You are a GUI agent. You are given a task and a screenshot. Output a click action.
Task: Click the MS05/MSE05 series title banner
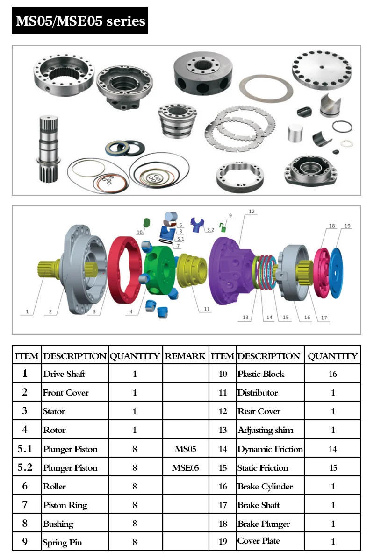[x=80, y=21]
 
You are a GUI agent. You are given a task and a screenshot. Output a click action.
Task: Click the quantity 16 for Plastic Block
[x=333, y=374]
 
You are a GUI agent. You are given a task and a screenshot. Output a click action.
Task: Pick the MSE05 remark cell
[x=185, y=467]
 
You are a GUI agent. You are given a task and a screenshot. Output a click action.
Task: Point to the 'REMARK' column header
[x=185, y=356]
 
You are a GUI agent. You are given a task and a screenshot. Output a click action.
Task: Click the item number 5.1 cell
[x=25, y=449]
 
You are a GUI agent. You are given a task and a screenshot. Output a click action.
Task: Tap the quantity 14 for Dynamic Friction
[x=333, y=449]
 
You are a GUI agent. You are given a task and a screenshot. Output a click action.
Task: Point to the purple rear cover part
[x=229, y=266]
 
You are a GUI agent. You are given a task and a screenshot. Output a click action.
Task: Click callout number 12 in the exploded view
[x=252, y=212]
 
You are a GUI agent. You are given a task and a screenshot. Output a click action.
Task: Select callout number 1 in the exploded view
[x=27, y=311]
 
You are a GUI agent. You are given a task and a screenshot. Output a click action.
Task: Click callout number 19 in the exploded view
[x=347, y=226]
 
